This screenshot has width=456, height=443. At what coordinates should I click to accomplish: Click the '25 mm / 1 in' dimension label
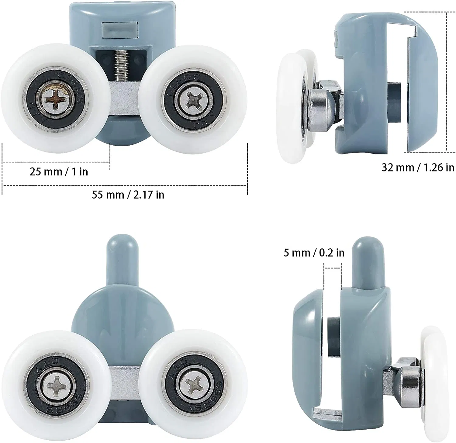tap(59, 172)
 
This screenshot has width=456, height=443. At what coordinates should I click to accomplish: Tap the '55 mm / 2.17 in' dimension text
tap(128, 195)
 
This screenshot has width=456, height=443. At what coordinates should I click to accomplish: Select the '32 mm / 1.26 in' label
tap(418, 168)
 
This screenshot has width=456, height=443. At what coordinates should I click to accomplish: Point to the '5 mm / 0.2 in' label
tap(314, 253)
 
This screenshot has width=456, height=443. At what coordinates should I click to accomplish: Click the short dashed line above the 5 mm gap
tap(333, 268)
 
